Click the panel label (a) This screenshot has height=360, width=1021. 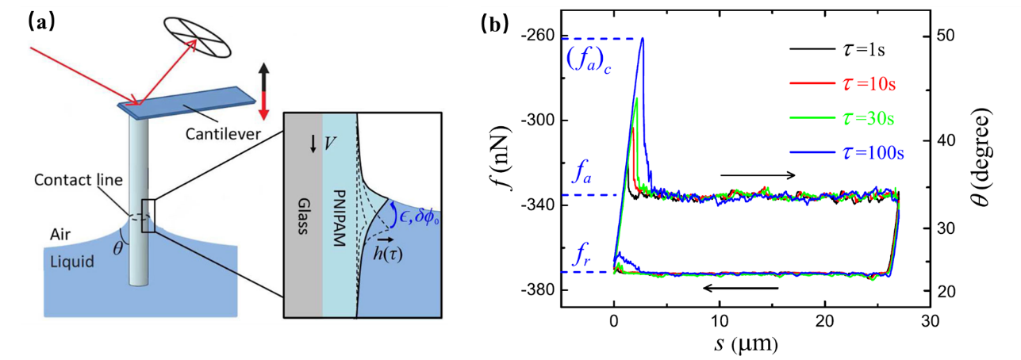[41, 23]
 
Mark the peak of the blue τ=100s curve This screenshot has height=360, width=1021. [642, 38]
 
